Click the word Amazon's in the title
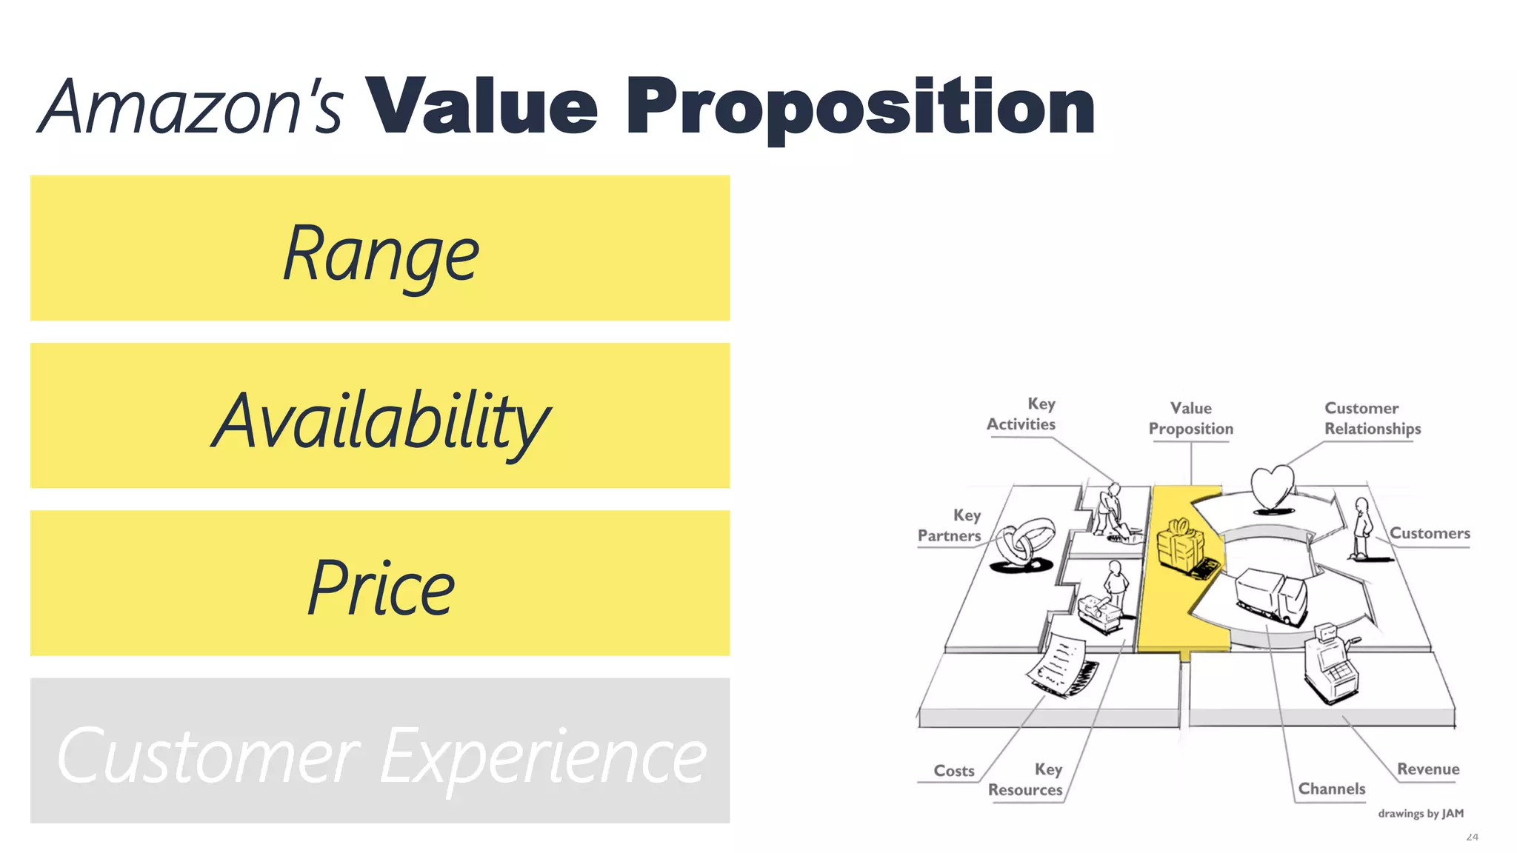click(191, 107)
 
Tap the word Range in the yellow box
click(381, 254)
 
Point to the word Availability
click(381, 421)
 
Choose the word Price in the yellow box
click(381, 588)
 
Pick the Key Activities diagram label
click(1022, 415)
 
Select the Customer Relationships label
click(1372, 418)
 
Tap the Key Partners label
click(950, 525)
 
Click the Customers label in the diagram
click(1430, 533)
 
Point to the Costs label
click(954, 771)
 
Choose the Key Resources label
click(1027, 780)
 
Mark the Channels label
click(1332, 789)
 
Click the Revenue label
click(1428, 769)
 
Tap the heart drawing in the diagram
click(1272, 488)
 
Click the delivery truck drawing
click(1271, 597)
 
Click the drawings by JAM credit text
click(1421, 813)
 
